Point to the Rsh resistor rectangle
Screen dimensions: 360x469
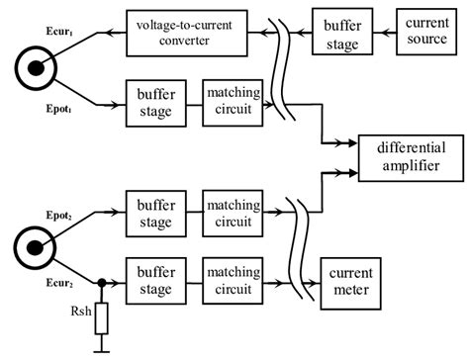(x=100, y=319)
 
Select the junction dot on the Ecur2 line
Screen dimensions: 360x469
(x=100, y=282)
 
